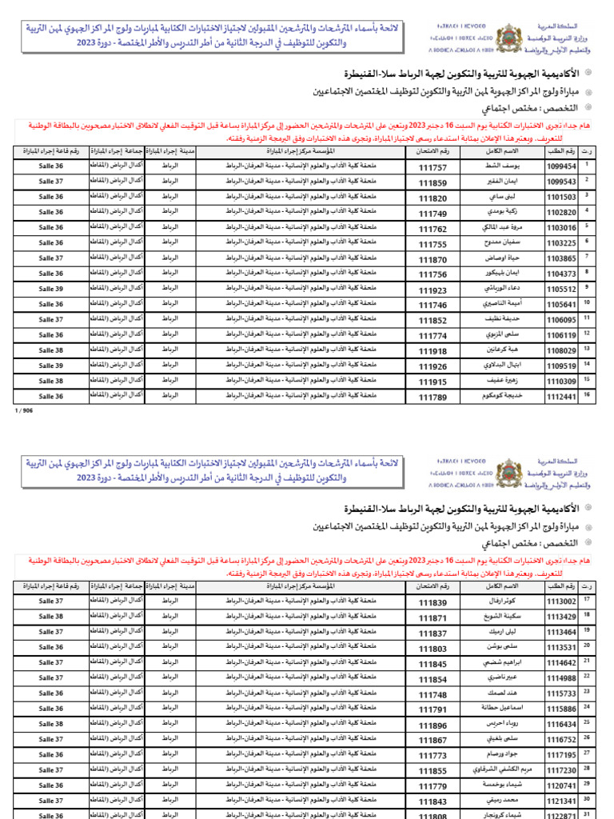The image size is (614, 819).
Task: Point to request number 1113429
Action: pyautogui.click(x=560, y=617)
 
